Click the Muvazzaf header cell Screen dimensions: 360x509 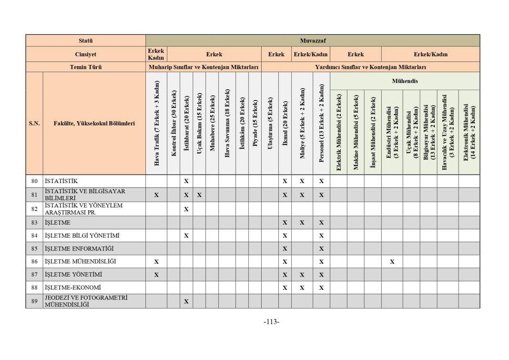[313, 41]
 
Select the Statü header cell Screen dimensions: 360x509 [86, 41]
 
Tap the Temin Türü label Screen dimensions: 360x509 [86, 67]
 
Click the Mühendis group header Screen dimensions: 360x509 [405, 81]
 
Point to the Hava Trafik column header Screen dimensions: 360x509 [156, 124]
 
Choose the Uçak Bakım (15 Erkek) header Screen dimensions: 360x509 [199, 124]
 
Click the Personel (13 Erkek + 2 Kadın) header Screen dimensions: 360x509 [321, 124]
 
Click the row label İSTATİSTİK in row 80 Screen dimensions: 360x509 [61, 181]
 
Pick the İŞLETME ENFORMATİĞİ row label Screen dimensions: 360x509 [79, 248]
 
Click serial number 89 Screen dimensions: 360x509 [34, 301]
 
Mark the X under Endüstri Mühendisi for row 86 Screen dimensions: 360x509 [392, 262]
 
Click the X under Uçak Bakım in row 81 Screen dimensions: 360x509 [199, 195]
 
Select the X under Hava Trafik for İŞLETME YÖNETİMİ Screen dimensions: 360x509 [156, 275]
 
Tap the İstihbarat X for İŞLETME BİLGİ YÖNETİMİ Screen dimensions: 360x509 [186, 236]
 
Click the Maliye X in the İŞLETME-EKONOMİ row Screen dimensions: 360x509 [302, 288]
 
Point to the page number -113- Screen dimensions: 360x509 [271, 322]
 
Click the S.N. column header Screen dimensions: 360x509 [34, 123]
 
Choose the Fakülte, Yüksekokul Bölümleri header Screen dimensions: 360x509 [94, 123]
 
